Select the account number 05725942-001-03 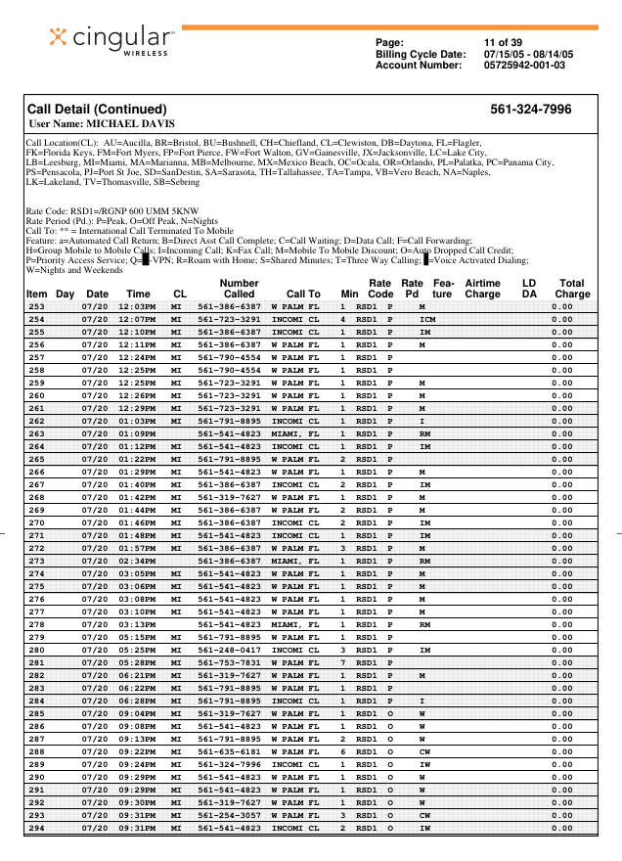[523, 66]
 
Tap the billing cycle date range [528, 54]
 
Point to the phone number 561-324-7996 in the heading [530, 110]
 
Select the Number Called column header [239, 288]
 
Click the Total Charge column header [572, 288]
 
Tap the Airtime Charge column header [482, 288]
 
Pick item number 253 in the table [36, 307]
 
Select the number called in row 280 [229, 650]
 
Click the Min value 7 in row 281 [343, 662]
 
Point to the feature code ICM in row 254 [427, 320]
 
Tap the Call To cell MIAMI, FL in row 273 [295, 561]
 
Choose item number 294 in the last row [36, 828]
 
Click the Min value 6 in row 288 [343, 751]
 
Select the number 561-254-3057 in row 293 [229, 815]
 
